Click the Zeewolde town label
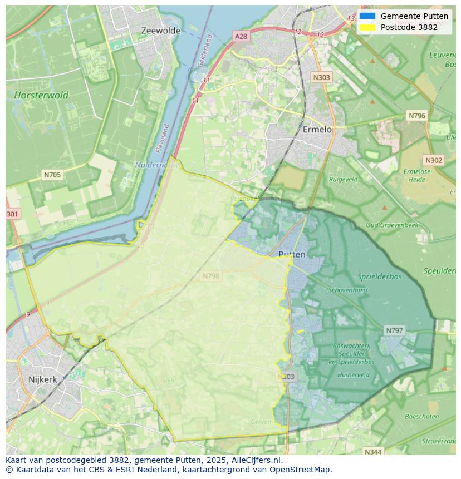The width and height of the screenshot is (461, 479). [x=160, y=31]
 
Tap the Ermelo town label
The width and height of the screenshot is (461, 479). [x=317, y=129]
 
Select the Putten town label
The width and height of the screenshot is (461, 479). [x=292, y=254]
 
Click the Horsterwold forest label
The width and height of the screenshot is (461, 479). [x=41, y=95]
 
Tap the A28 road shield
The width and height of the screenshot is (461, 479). [x=241, y=36]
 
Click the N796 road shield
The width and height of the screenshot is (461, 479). [x=416, y=116]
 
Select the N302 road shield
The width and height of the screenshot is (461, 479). [x=434, y=160]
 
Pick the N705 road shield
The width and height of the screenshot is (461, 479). [x=52, y=175]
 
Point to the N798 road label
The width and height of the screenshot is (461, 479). [x=210, y=276]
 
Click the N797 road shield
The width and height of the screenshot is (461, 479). [x=394, y=330]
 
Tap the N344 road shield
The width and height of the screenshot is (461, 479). [x=373, y=452]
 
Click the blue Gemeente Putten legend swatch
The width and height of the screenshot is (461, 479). [x=367, y=16]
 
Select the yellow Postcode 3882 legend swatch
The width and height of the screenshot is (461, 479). [x=367, y=27]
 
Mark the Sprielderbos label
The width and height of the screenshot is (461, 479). [x=380, y=276]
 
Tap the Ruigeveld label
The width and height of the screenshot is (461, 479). [x=343, y=180]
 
